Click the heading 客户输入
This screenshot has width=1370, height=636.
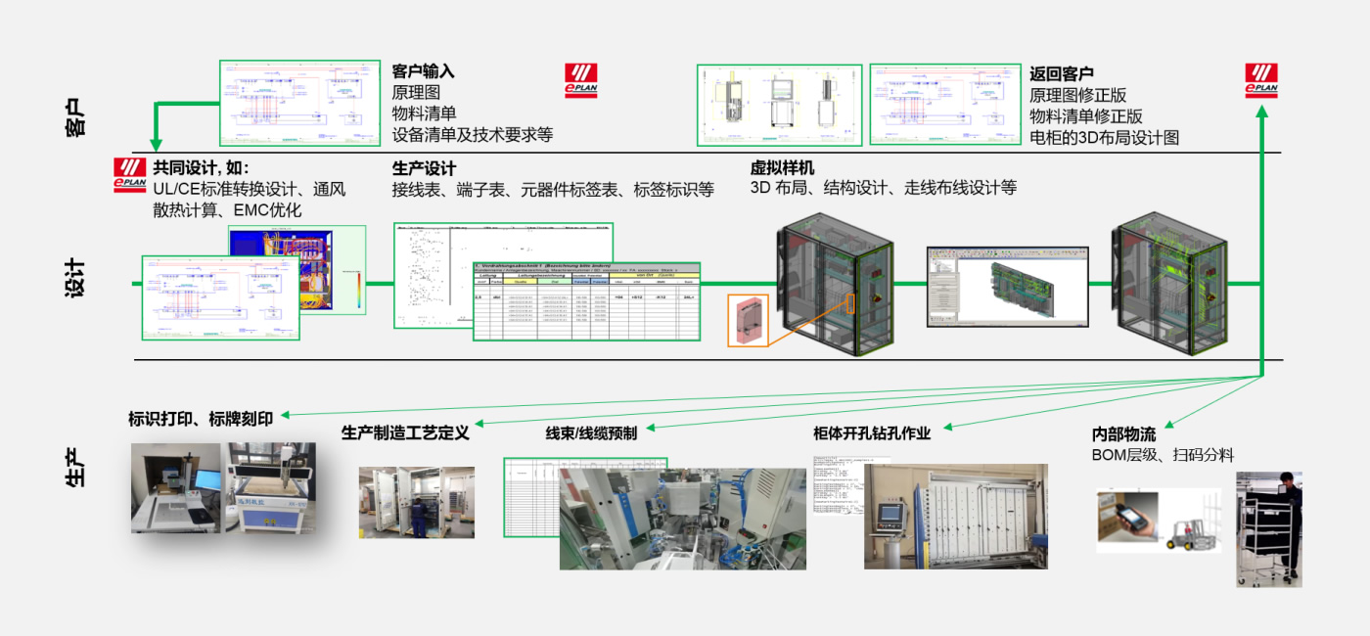point(423,71)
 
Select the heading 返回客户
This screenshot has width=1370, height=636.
point(1061,73)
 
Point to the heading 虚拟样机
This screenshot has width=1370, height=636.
point(782,167)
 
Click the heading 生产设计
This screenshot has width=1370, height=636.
point(424,168)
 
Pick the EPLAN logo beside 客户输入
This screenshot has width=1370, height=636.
point(580,81)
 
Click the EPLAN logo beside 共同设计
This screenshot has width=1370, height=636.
point(129,174)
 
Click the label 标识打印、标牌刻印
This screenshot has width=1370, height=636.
point(201,420)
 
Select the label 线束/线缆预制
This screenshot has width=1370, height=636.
point(591,432)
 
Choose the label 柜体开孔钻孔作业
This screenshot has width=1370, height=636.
point(871,432)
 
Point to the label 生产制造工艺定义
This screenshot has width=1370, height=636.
point(405,432)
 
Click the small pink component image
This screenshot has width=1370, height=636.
point(748,320)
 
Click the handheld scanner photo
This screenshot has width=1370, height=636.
point(1127,520)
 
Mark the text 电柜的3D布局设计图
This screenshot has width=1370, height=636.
point(1104,138)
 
